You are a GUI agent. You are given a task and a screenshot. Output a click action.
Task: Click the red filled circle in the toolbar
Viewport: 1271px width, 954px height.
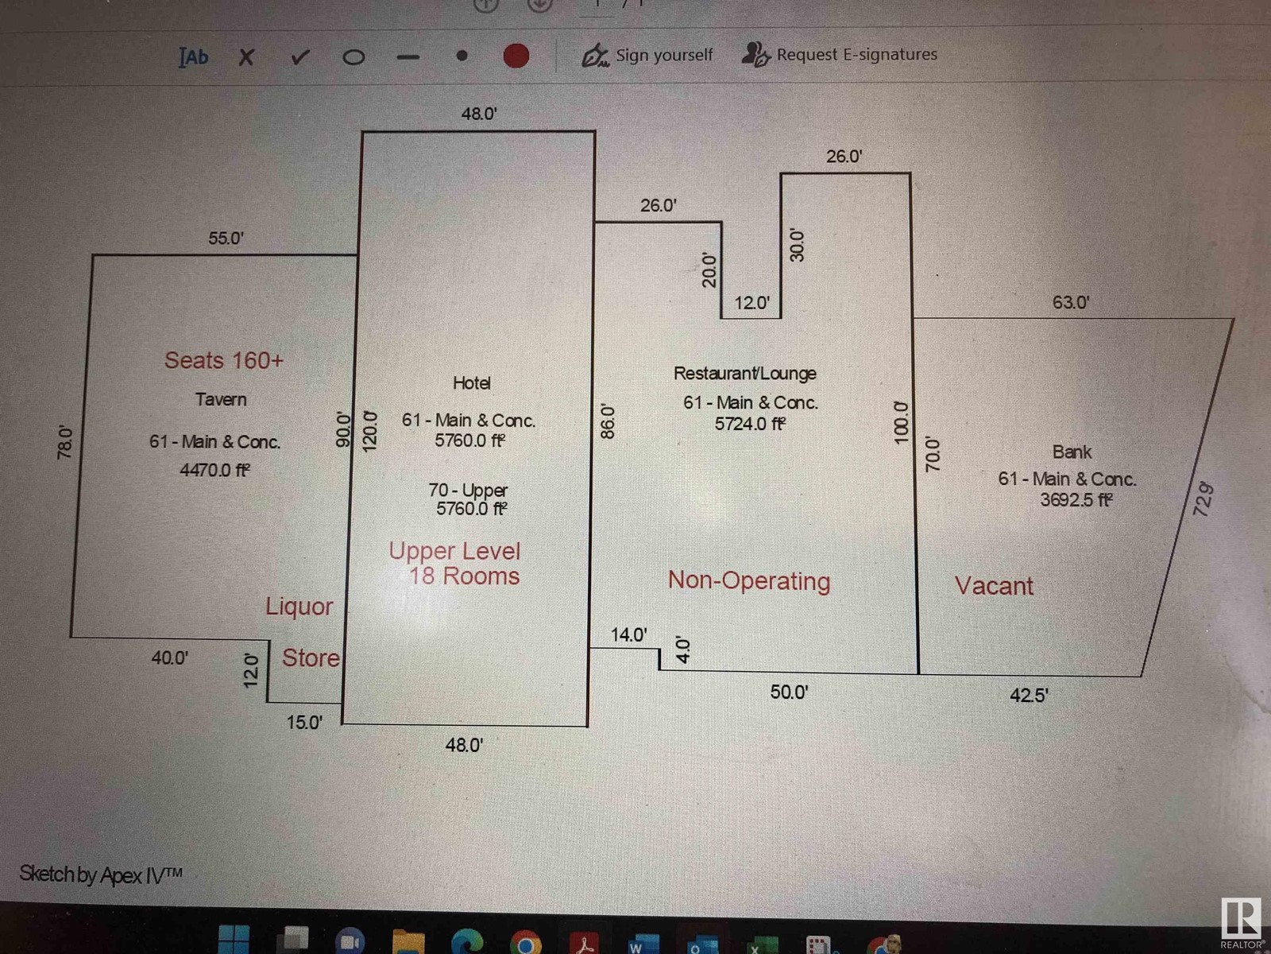[x=516, y=56]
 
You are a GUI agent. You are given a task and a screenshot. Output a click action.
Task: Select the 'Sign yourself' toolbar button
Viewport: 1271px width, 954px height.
[x=647, y=55]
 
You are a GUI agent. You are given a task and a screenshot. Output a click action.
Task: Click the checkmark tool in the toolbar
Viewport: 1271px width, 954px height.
[x=299, y=56]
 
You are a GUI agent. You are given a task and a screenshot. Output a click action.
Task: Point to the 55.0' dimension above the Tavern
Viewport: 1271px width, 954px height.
[x=226, y=238]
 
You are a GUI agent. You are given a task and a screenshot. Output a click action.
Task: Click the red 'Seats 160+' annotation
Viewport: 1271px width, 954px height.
[x=223, y=360]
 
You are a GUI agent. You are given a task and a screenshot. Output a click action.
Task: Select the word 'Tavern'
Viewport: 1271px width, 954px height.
[x=221, y=399]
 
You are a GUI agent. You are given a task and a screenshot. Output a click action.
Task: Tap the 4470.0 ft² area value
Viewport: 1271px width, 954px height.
[x=214, y=470]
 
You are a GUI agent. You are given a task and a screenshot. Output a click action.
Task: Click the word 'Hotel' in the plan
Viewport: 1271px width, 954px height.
[x=471, y=383]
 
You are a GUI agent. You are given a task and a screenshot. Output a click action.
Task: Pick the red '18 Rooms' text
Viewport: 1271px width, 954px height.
[x=464, y=576]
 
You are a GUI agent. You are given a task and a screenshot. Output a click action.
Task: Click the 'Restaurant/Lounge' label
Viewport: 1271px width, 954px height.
[x=744, y=373]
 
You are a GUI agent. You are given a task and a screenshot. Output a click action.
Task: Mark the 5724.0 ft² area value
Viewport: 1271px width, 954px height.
[x=750, y=424]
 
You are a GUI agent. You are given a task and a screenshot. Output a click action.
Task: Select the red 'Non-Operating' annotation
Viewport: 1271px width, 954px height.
[x=748, y=581]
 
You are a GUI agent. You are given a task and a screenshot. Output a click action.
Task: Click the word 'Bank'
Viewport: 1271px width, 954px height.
[x=1072, y=452]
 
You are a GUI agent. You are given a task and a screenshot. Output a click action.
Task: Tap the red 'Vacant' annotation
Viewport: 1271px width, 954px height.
[x=994, y=586]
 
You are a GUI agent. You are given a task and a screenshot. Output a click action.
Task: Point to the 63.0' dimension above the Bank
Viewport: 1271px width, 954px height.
[x=1070, y=302]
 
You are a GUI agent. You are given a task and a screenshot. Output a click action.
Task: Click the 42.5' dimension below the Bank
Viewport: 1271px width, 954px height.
[x=1029, y=696]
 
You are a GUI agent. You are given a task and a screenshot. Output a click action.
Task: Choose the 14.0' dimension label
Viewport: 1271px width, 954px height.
[x=628, y=634]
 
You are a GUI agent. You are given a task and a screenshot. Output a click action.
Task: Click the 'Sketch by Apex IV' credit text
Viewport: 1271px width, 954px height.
[x=101, y=874]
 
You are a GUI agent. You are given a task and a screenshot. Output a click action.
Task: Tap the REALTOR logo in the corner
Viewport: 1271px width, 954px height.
[x=1241, y=922]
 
